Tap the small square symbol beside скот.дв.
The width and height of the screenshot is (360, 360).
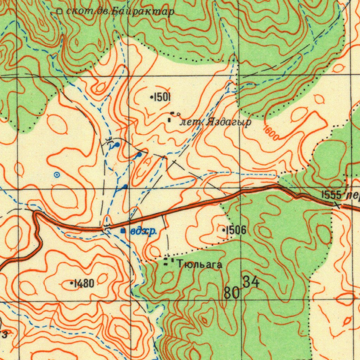[59, 12]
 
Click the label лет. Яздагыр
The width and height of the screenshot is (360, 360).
[215, 122]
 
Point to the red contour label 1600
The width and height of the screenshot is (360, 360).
[271, 133]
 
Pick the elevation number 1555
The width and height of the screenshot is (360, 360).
[331, 195]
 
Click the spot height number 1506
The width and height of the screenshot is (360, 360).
[236, 230]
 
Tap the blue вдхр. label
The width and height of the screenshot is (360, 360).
[143, 231]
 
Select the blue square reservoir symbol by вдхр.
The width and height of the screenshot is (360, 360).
[123, 231]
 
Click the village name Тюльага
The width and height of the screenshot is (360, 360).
[200, 264]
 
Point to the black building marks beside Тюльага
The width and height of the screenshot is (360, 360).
[168, 262]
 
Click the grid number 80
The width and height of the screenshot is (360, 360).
[231, 292]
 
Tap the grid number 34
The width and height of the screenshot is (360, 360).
[251, 282]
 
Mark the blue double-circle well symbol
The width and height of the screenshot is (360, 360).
[57, 174]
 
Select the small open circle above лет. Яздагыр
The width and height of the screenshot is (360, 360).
[179, 114]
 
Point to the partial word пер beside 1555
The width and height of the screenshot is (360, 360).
[352, 196]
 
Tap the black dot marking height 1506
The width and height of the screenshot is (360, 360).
[224, 230]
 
